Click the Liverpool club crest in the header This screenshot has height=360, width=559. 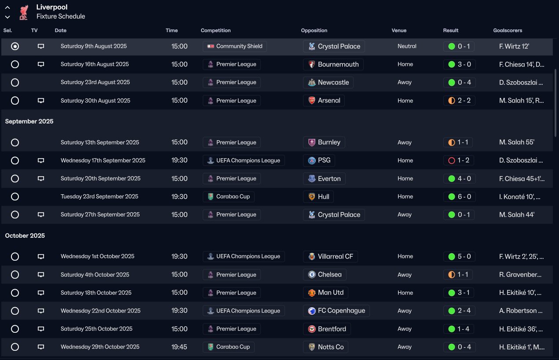23,12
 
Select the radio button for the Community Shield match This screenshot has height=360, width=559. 15,46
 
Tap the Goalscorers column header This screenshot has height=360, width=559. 508,30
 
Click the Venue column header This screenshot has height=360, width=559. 399,30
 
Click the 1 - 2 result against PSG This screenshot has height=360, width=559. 459,160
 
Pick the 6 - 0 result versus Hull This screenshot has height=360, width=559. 459,196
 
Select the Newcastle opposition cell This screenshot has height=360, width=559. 328,82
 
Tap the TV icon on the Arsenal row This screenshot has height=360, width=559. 41,101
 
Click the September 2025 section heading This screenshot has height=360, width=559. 29,121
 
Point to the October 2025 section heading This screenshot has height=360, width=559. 25,236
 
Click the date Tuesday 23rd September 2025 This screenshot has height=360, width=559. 99,196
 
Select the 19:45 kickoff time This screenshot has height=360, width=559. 179,347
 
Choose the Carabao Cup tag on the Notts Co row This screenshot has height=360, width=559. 228,347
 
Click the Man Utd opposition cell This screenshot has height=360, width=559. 326,293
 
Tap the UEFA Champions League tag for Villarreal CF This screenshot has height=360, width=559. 244,256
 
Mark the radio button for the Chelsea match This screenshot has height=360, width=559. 15,275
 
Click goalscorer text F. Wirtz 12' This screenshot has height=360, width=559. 514,46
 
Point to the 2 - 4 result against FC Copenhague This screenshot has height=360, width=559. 459,311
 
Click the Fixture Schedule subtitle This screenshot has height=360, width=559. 61,16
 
